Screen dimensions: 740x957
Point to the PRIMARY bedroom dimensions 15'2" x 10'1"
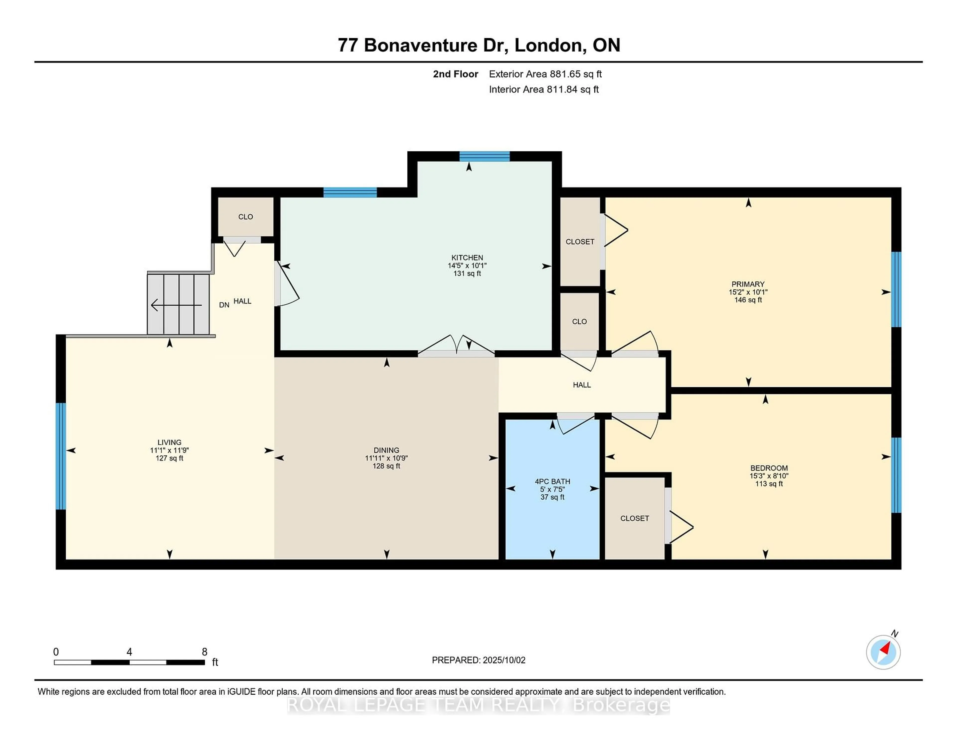[748, 292]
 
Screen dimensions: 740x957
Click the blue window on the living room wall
[61, 456]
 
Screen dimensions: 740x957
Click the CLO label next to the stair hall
[245, 217]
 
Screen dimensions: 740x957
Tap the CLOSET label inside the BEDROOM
[635, 518]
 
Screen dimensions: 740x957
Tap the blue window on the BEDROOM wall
[896, 475]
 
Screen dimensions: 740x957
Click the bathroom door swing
[576, 424]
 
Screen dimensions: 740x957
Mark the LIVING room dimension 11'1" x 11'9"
[169, 450]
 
